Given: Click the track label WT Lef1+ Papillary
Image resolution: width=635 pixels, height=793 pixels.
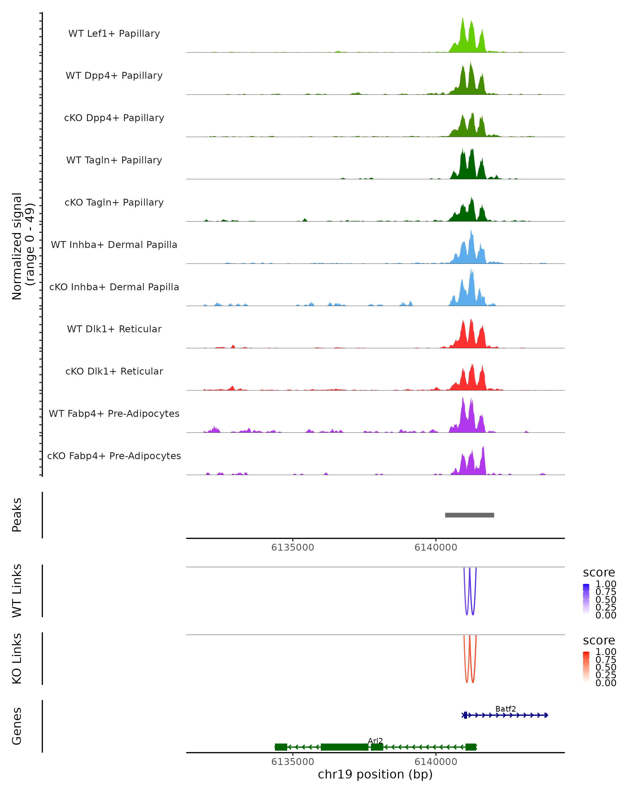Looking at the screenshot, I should [x=114, y=34].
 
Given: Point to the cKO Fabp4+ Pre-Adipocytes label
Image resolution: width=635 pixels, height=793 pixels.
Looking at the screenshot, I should [x=114, y=456].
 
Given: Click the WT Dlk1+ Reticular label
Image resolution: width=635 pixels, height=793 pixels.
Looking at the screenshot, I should [x=114, y=329].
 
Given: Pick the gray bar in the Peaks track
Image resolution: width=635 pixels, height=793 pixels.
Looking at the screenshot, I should [x=469, y=515].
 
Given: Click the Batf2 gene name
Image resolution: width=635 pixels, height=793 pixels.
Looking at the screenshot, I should [x=505, y=709].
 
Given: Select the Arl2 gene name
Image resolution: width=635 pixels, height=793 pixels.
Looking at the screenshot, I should [x=375, y=741].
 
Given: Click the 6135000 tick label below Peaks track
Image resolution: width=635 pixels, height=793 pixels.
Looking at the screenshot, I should [x=293, y=547].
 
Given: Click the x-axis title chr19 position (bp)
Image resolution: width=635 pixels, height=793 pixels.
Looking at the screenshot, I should [x=375, y=774].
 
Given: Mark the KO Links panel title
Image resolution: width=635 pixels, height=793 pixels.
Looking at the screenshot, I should [x=17, y=658].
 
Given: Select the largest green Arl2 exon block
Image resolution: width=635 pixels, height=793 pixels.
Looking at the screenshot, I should [x=344, y=747].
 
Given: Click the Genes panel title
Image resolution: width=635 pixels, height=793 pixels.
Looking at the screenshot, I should [x=17, y=726].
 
